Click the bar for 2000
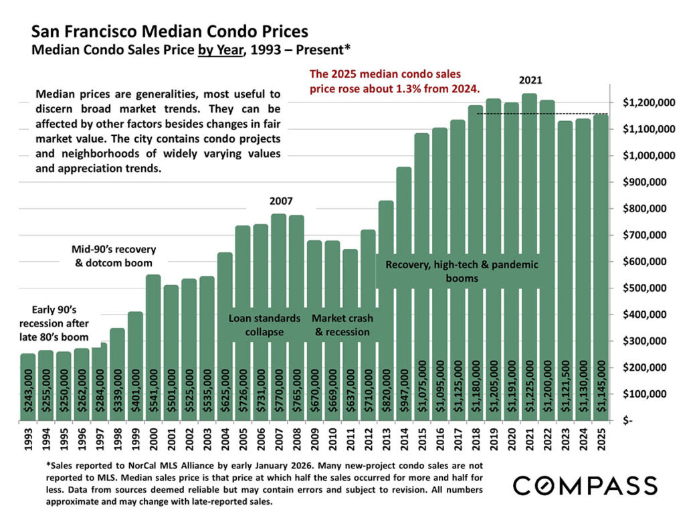coord(153,348)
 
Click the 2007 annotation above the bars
coord(281,201)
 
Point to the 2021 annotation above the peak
coord(530,80)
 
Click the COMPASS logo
coord(585,485)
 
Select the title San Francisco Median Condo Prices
coord(170,31)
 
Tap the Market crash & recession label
coord(342,325)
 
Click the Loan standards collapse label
coord(264,325)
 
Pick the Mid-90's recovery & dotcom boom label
coord(113,256)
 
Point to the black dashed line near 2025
coord(542,114)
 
